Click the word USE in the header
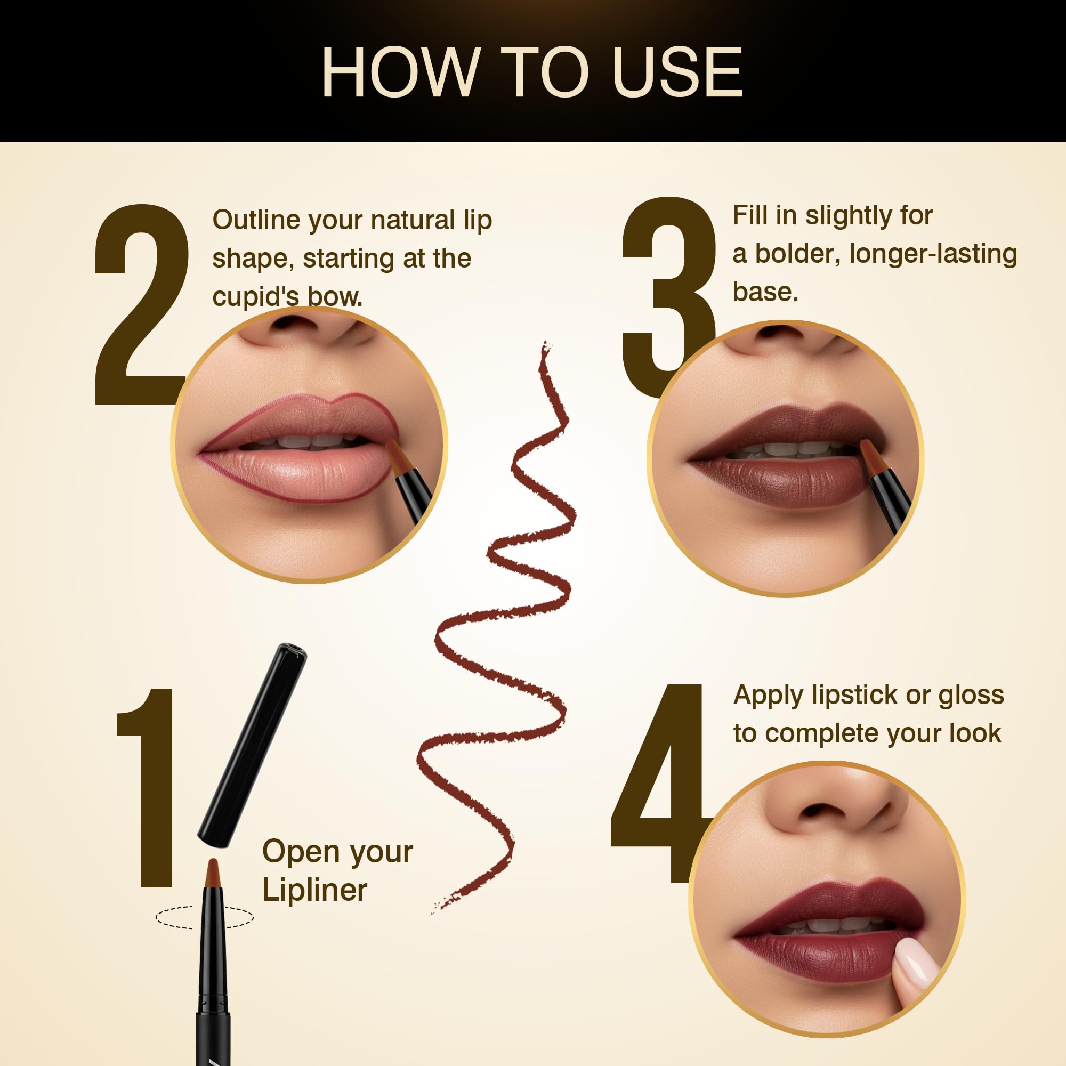(677, 72)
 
